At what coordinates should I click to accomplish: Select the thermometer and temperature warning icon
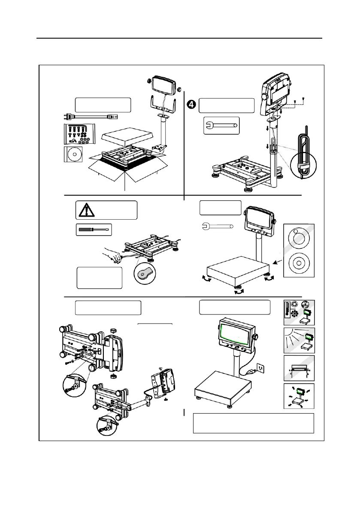coord(299,312)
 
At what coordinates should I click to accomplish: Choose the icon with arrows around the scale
coord(299,396)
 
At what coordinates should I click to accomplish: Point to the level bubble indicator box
coord(299,251)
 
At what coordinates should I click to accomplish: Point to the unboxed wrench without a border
coord(217,225)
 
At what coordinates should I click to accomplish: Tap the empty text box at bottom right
coord(253,423)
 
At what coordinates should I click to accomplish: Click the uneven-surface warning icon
coord(299,368)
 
